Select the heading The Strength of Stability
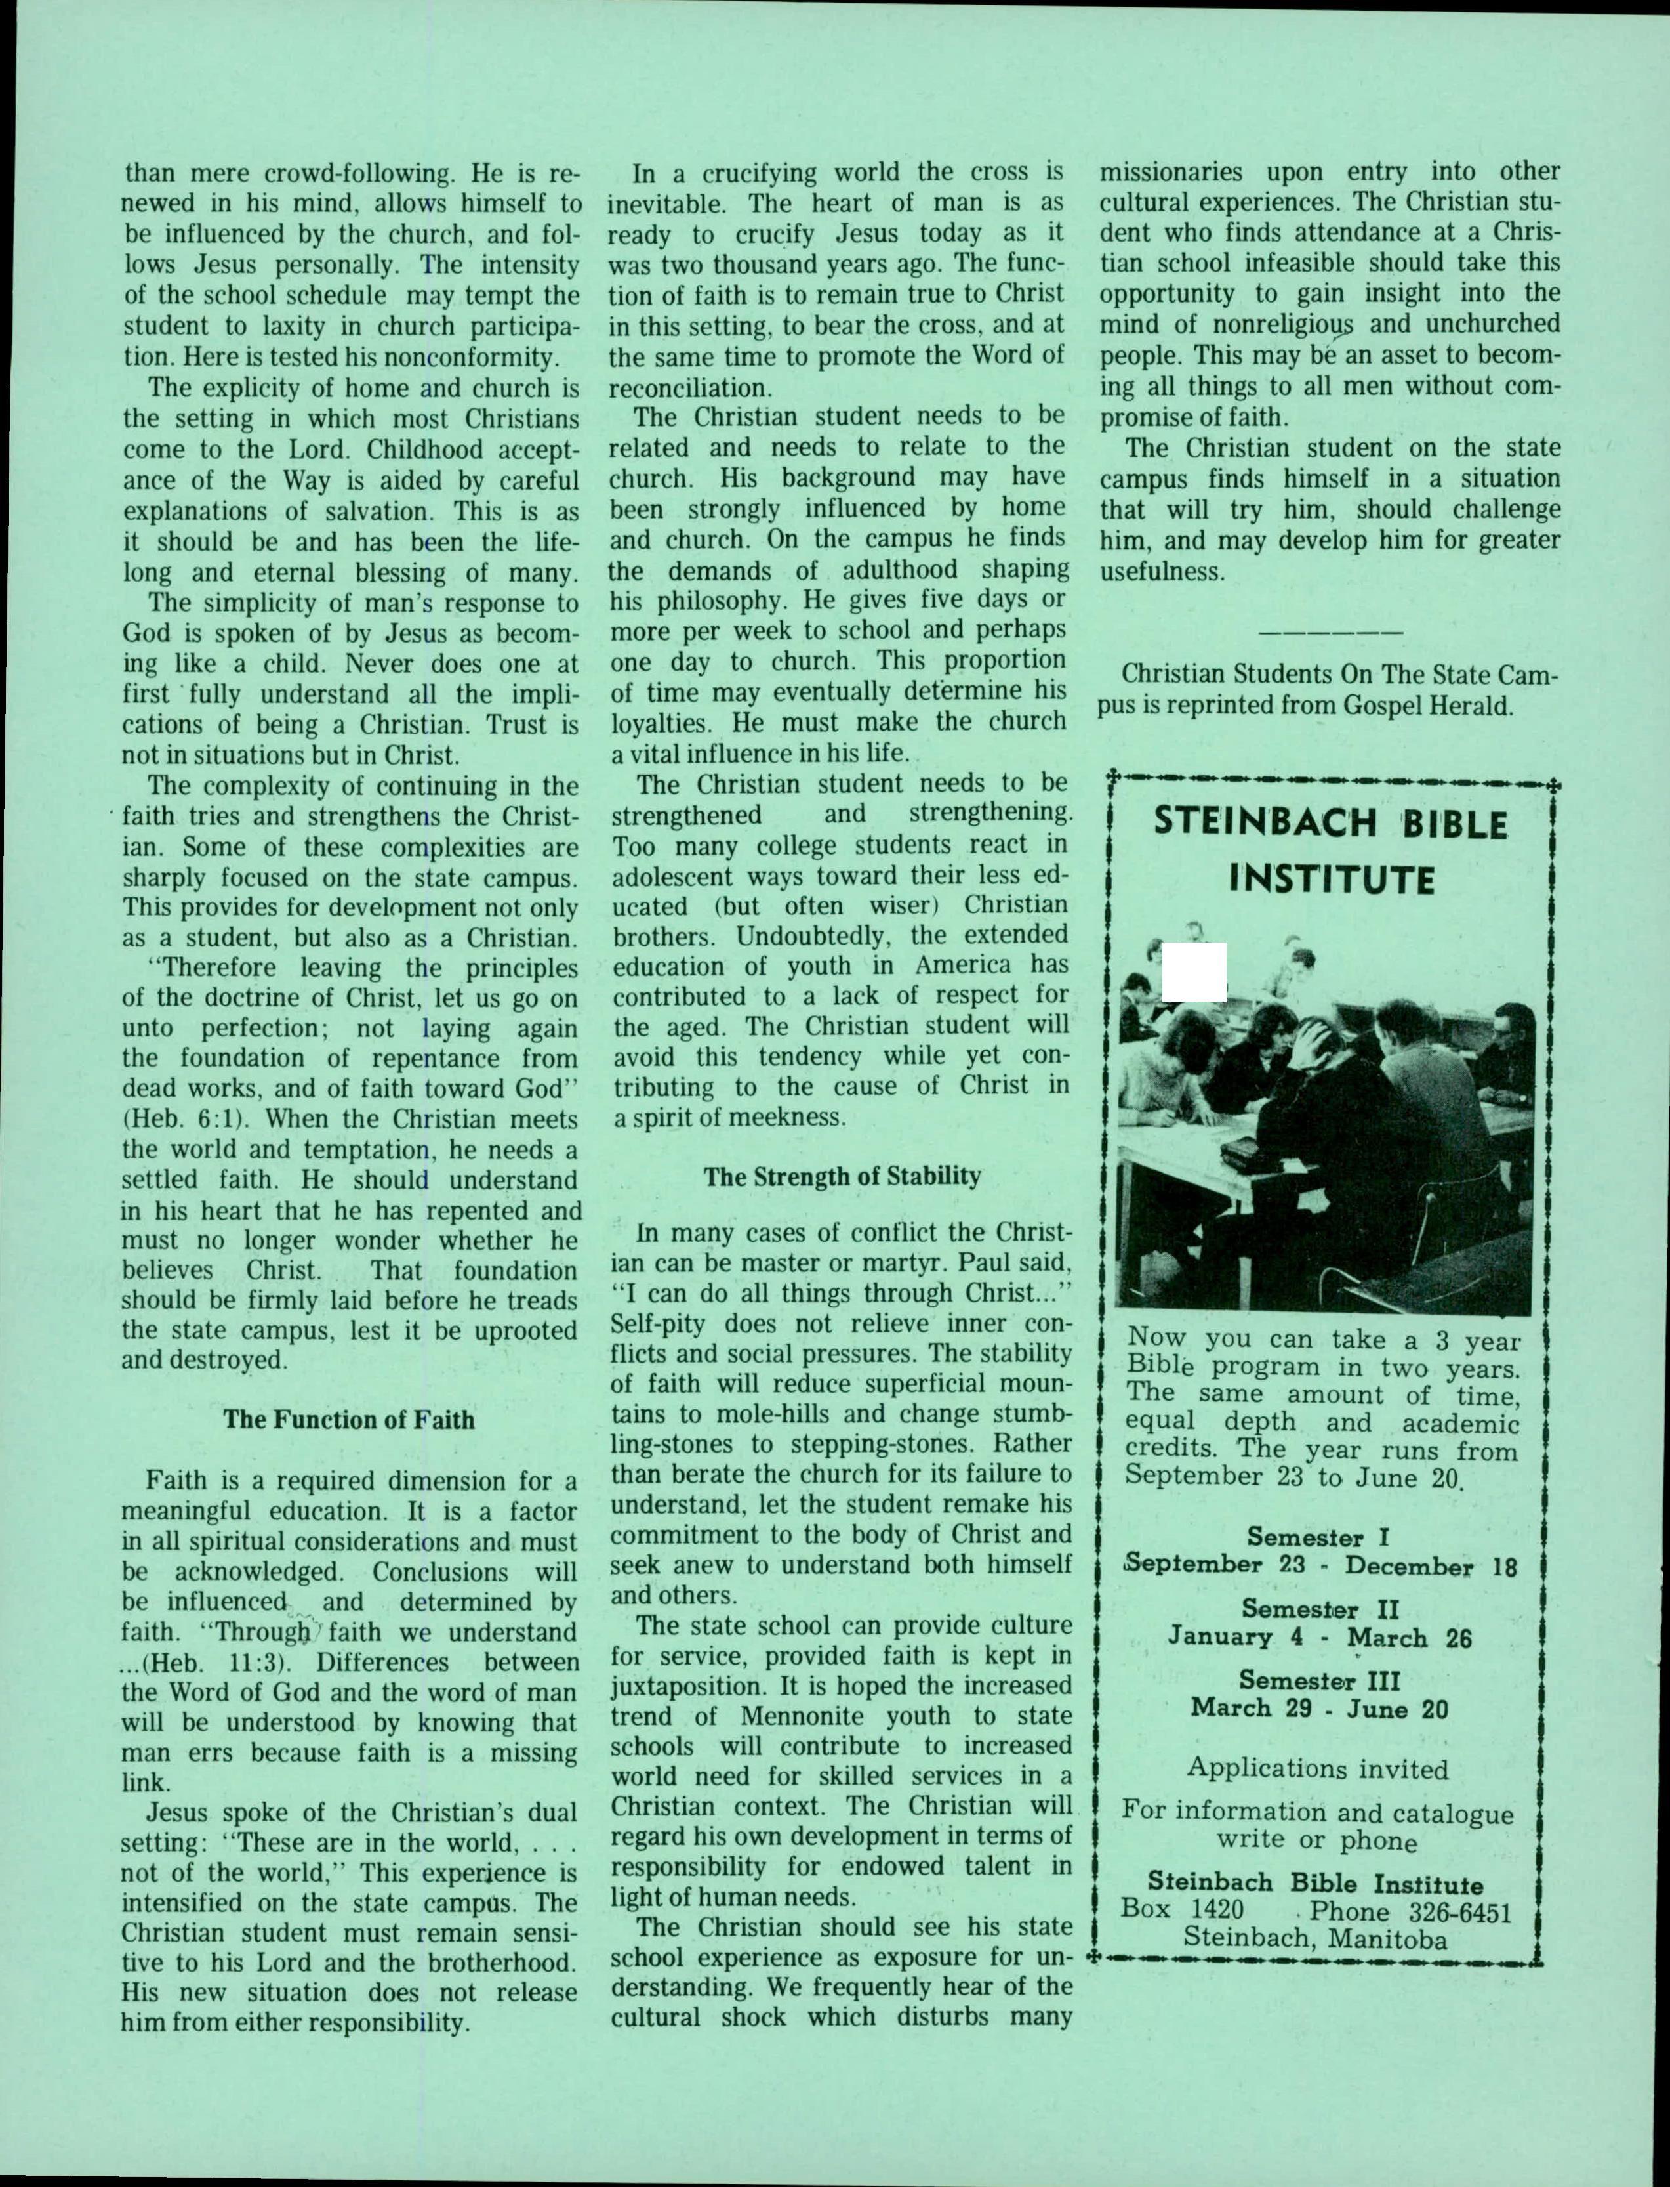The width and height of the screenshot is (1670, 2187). pos(842,1177)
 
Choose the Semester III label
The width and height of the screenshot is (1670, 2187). pos(1318,1681)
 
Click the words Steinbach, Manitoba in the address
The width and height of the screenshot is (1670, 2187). pos(1315,1940)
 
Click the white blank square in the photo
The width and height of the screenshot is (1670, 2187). pos(1194,971)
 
